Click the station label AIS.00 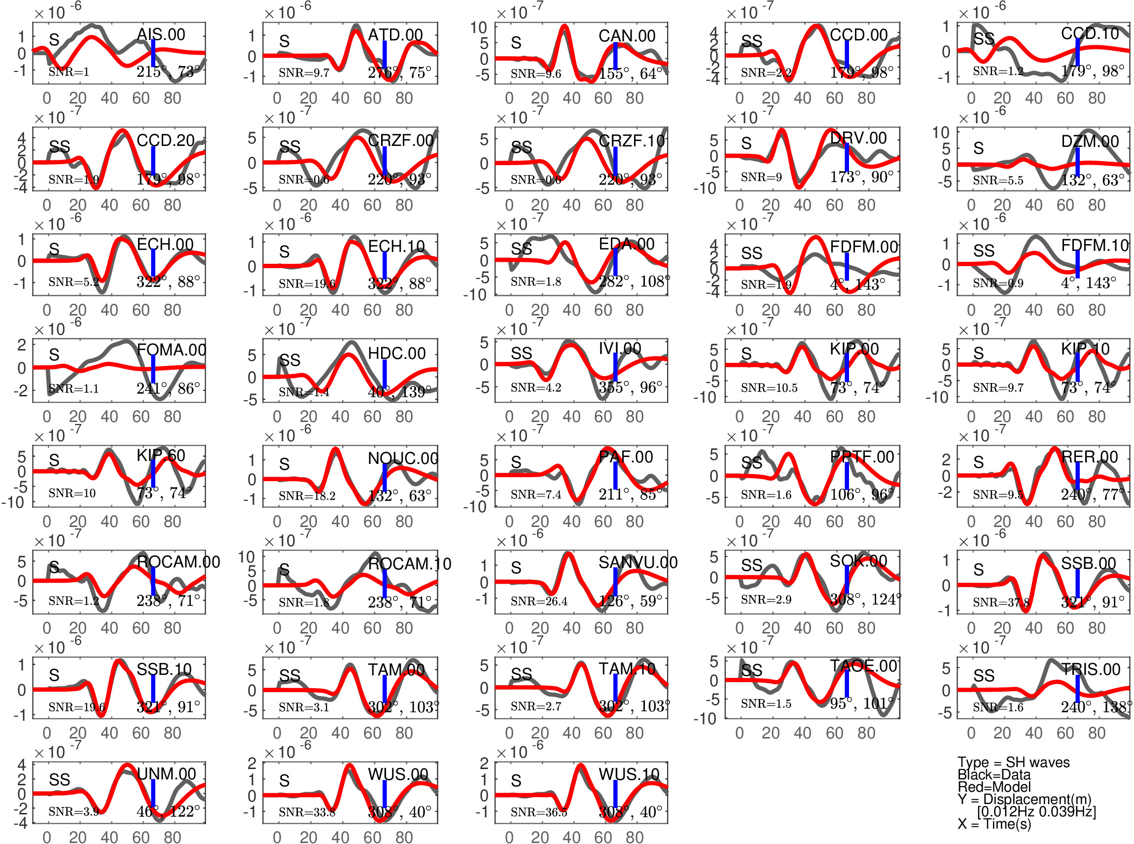click(161, 35)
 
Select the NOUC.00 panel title click(402, 458)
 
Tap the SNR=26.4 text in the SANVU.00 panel click(538, 601)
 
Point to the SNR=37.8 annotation click(1000, 603)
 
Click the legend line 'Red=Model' click(993, 787)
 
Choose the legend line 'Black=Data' click(993, 774)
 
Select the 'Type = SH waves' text click(1013, 762)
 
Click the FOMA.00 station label click(171, 350)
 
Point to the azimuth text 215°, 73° click(168, 71)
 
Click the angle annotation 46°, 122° click(168, 811)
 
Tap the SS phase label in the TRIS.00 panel click(983, 676)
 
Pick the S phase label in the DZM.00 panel click(978, 148)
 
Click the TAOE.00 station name click(863, 666)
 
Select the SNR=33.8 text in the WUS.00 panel click(307, 812)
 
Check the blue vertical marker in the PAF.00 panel click(615, 475)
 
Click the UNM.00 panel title click(167, 774)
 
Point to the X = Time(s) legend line click(994, 824)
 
